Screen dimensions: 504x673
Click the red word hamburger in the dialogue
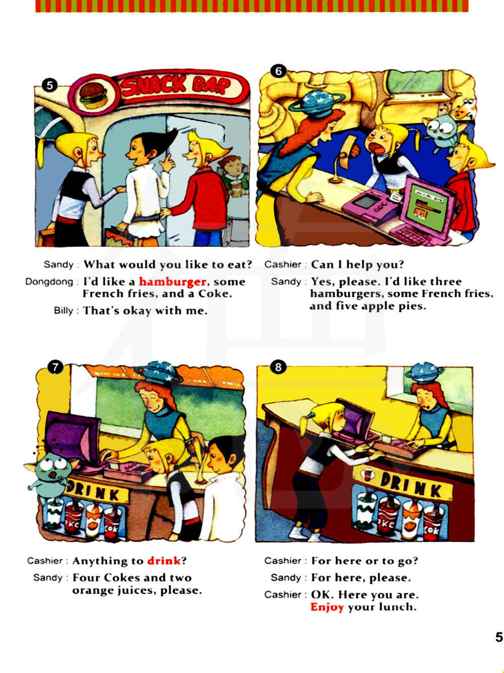point(172,282)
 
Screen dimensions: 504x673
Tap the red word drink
point(164,561)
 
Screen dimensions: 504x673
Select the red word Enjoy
point(327,607)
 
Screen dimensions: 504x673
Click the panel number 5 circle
point(50,85)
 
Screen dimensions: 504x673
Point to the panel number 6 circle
point(278,71)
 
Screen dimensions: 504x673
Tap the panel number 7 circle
point(55,368)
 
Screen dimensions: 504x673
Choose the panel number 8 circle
point(278,367)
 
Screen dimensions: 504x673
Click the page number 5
point(499,637)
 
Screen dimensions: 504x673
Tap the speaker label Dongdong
point(49,282)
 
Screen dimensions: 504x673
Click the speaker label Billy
point(64,311)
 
